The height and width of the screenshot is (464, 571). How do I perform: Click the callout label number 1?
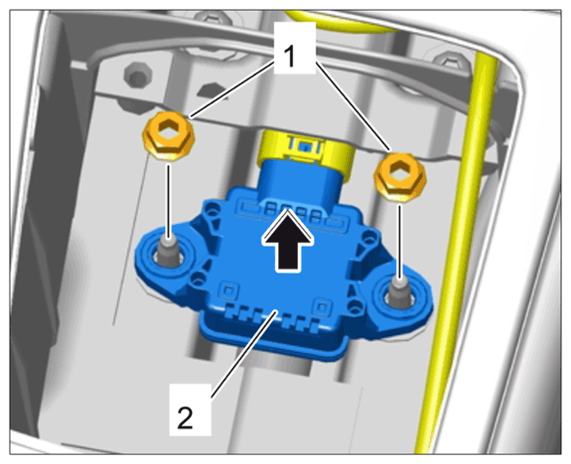pos(290,56)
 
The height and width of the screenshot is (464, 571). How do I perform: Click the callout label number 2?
pos(186,418)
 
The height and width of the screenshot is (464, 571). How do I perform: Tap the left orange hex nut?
pos(169,136)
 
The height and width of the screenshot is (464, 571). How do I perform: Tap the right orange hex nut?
pos(401,177)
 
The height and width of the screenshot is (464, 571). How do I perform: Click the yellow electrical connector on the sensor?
pos(306,154)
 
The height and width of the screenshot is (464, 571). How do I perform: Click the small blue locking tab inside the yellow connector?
pos(305,146)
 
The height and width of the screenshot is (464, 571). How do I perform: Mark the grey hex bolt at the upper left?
pos(137,75)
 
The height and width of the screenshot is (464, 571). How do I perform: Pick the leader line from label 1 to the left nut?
pos(232,89)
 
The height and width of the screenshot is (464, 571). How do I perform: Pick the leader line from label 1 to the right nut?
pos(353,106)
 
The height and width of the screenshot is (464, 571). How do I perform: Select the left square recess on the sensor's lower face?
pos(228,290)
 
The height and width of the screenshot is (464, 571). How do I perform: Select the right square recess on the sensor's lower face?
pos(322,307)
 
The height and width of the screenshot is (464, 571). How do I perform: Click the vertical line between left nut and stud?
pos(168,200)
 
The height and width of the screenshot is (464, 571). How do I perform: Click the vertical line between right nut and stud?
pos(400,241)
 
